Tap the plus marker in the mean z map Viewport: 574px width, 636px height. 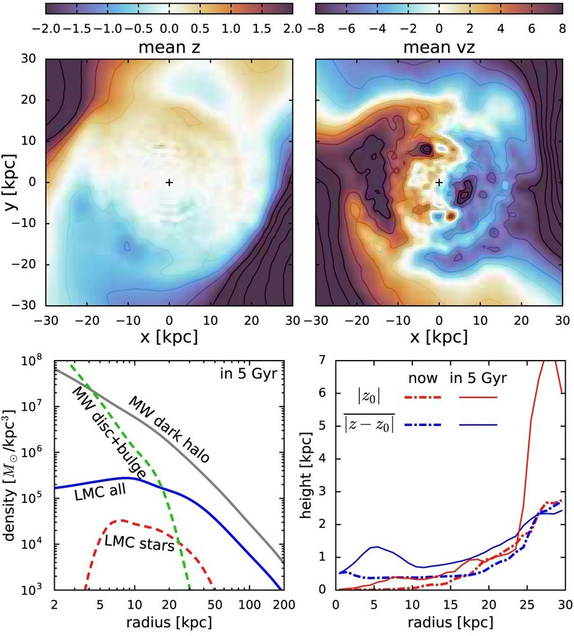tap(169, 183)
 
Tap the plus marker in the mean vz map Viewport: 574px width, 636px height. tap(439, 183)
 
